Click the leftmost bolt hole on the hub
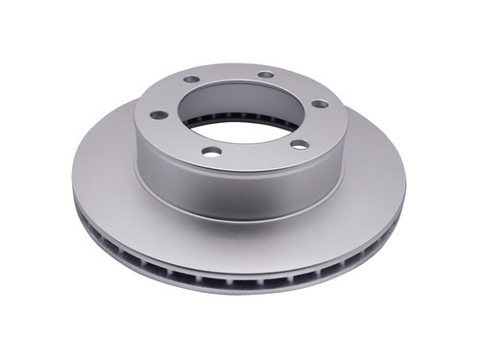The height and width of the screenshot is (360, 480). pos(158,114)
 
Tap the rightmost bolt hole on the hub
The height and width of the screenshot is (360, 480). pos(319,104)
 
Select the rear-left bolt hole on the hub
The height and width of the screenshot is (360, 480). pos(191,80)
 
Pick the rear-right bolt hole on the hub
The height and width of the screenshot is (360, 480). pos(266,74)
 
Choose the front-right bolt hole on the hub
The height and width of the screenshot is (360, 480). pos(299,144)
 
